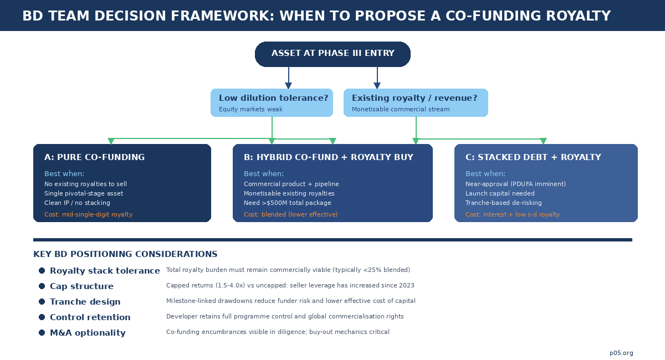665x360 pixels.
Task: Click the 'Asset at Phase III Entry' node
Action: [332, 54]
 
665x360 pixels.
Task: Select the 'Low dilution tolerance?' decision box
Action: [272, 102]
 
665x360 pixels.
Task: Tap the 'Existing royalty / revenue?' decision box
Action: [416, 102]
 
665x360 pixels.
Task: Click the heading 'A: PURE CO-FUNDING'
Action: [94, 157]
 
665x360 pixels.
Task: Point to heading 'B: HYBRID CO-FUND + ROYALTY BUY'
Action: [328, 157]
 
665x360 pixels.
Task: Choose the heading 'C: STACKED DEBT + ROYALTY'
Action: [533, 157]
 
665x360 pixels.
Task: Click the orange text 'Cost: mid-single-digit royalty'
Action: [88, 214]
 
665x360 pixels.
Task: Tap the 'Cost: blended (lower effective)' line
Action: [290, 214]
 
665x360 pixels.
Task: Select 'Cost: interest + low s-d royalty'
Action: [513, 214]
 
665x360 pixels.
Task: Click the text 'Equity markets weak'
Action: [250, 109]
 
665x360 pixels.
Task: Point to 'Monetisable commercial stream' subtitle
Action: [401, 109]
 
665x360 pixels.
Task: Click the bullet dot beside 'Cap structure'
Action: [42, 286]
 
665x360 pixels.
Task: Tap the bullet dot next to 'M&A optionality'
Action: [42, 332]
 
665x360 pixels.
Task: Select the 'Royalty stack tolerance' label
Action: [105, 271]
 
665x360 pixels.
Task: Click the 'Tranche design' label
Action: [85, 302]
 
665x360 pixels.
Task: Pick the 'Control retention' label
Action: [90, 317]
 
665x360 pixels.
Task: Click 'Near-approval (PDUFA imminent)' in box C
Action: [515, 184]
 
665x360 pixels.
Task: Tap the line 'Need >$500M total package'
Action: [287, 203]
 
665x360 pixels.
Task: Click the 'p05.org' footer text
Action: [621, 353]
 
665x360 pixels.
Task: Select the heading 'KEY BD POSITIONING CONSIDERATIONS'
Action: [125, 254]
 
